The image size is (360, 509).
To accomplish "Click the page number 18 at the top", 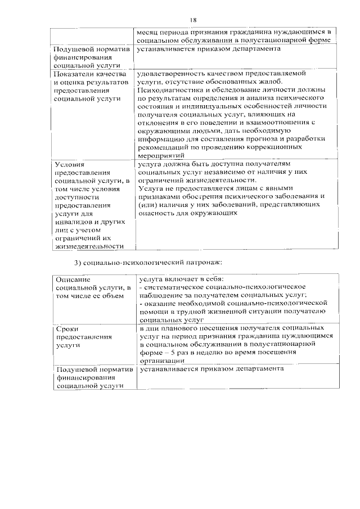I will point(193,20).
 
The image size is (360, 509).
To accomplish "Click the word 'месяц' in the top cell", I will point(148,33).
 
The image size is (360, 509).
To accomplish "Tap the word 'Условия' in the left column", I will point(69,164).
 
